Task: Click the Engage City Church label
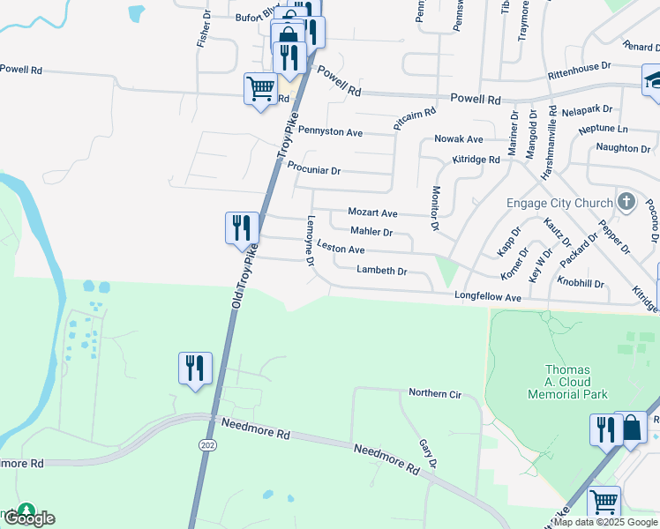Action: (559, 203)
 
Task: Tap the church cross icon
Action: (626, 202)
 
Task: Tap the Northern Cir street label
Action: (435, 393)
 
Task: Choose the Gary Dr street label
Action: (427, 454)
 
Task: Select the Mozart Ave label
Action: (372, 213)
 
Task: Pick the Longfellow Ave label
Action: (488, 299)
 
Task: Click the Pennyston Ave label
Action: (330, 132)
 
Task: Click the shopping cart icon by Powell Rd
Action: (260, 88)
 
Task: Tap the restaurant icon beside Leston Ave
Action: (242, 228)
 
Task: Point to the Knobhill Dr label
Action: (581, 284)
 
